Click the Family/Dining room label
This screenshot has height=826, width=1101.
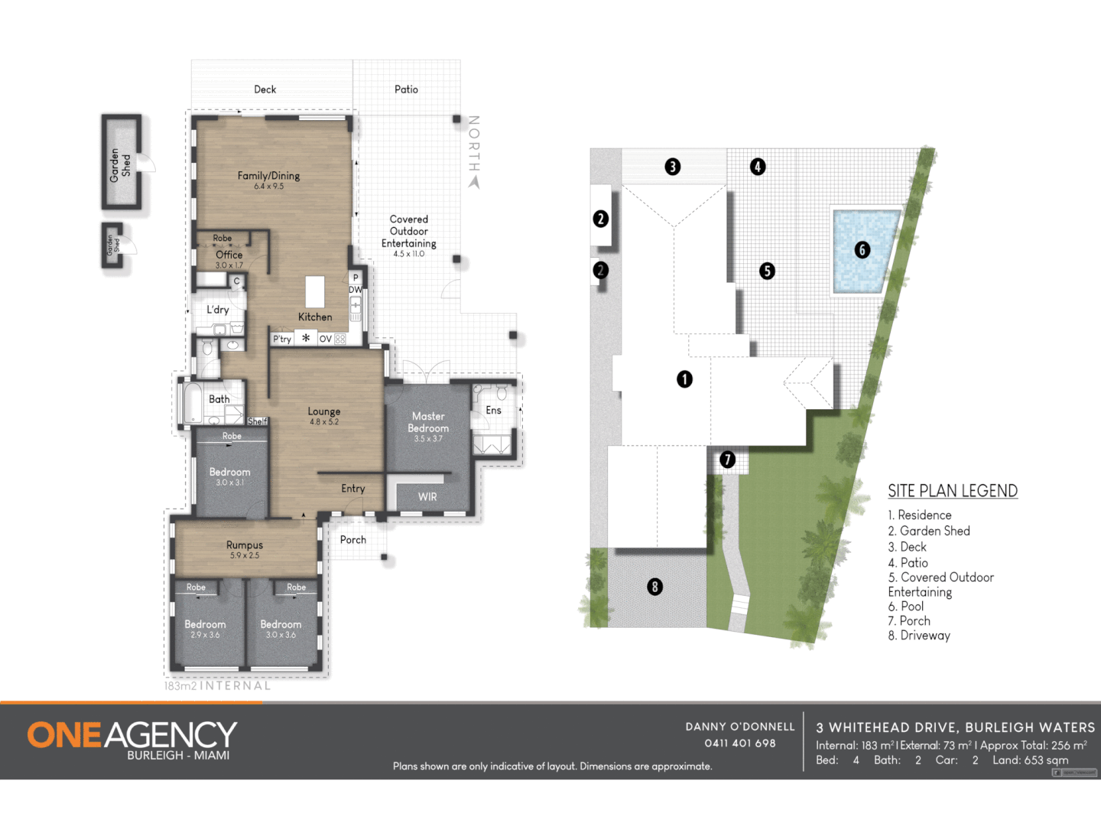[268, 176]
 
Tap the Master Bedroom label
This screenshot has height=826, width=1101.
[428, 422]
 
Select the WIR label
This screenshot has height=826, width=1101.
[427, 497]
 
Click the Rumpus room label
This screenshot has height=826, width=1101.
[245, 545]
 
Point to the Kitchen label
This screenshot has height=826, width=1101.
[315, 317]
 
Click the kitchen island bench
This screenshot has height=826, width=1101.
[315, 291]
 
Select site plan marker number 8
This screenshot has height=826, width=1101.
[654, 587]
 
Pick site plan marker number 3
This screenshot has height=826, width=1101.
[673, 167]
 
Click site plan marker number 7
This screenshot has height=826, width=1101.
[728, 460]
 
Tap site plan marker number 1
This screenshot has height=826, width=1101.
[684, 379]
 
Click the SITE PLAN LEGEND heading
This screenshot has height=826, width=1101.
[953, 491]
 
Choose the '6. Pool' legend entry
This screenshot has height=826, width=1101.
[906, 606]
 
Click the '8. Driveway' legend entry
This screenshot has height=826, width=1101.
[919, 636]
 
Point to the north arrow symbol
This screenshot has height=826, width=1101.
[474, 182]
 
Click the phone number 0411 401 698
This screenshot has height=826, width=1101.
[740, 743]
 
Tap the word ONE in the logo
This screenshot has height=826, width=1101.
[64, 736]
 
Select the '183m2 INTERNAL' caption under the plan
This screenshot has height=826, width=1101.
[218, 686]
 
